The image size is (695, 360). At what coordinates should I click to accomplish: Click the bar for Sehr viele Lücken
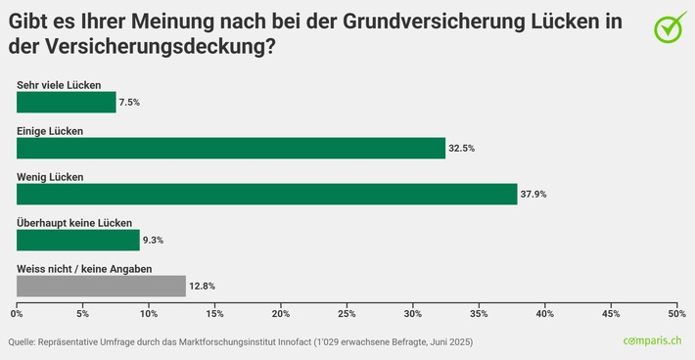pyautogui.click(x=66, y=102)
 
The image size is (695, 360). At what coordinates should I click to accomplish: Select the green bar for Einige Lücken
pyautogui.click(x=230, y=148)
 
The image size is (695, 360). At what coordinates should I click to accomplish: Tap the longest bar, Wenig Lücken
pyautogui.click(x=266, y=194)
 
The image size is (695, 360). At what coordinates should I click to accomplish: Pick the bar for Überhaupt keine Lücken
pyautogui.click(x=77, y=240)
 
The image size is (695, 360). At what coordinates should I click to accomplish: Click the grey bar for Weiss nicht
pyautogui.click(x=101, y=286)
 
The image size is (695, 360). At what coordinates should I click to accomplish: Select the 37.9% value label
pyautogui.click(x=533, y=195)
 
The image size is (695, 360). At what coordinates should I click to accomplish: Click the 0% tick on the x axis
pyautogui.click(x=17, y=314)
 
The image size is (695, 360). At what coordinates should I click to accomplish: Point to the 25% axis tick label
pyautogui.click(x=347, y=314)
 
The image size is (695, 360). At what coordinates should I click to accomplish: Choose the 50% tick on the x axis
pyautogui.click(x=675, y=314)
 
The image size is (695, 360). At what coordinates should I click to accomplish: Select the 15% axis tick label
pyautogui.click(x=214, y=314)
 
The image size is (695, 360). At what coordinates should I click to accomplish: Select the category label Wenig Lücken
pyautogui.click(x=51, y=177)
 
